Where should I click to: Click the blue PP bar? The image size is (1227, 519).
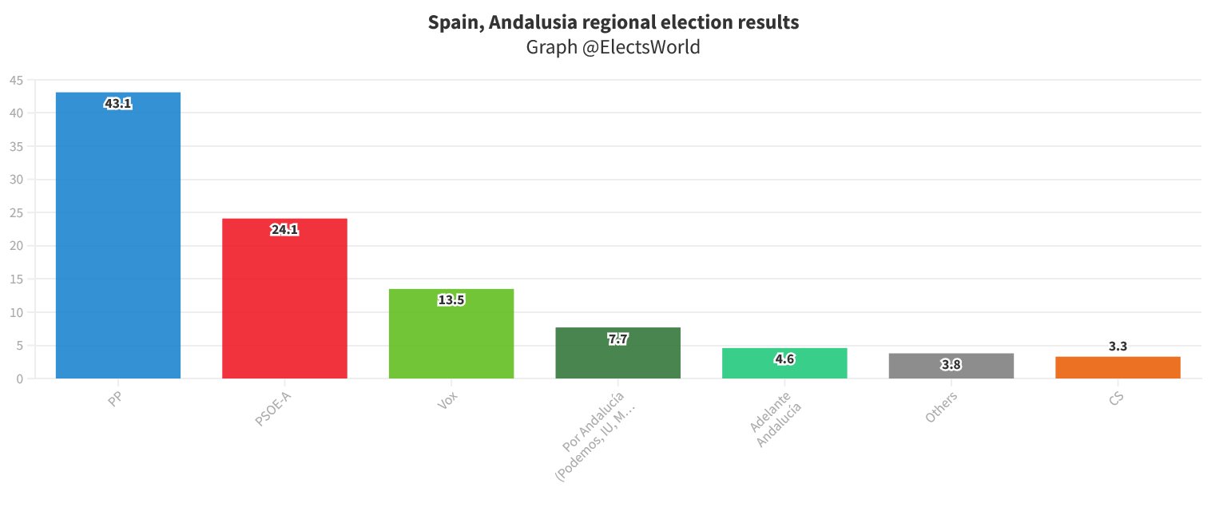tap(118, 240)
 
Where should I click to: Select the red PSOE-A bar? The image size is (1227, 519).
tap(284, 303)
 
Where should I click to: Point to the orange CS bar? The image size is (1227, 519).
tap(1118, 368)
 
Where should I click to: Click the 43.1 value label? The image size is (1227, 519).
tap(118, 103)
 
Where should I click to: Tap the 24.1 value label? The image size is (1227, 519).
tap(284, 230)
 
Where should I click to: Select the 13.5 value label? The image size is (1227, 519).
tap(451, 300)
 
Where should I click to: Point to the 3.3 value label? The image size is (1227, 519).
tap(1118, 347)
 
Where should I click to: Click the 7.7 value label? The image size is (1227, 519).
tap(617, 339)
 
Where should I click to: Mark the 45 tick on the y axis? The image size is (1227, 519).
tap(17, 80)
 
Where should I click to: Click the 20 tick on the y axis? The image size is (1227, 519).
tap(17, 246)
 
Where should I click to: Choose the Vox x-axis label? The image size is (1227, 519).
tap(447, 400)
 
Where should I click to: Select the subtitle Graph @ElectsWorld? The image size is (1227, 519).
tap(613, 47)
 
